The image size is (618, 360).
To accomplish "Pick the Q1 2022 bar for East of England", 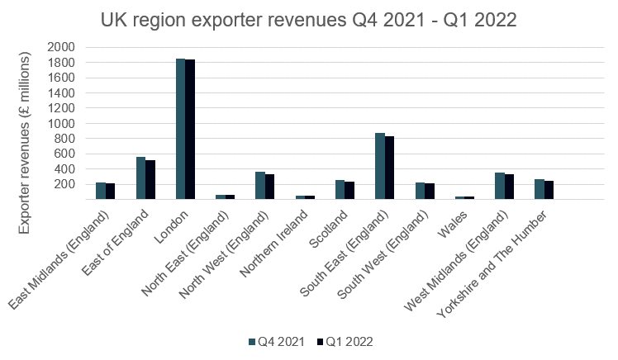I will [x=150, y=180].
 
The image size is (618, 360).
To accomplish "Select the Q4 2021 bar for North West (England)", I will [x=260, y=186].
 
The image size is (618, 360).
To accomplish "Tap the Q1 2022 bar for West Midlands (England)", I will [x=509, y=187].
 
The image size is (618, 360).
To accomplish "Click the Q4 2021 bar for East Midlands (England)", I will [x=101, y=191].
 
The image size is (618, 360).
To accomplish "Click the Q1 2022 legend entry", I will [x=346, y=339].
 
